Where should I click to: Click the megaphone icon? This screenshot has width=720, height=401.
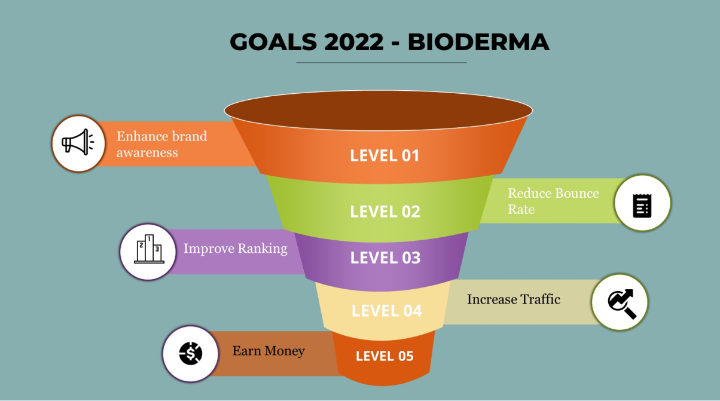point(78,142)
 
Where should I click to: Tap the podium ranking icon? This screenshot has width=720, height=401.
point(149,249)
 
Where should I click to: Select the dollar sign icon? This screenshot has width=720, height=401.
point(191,353)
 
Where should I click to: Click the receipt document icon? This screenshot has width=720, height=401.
point(642,206)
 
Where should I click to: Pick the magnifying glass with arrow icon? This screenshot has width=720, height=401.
point(621,304)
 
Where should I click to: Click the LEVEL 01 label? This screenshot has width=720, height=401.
point(385,155)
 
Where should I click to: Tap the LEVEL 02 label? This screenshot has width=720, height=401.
point(385,212)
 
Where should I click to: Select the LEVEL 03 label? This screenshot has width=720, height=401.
point(385,258)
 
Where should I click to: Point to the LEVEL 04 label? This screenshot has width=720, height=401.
point(387,311)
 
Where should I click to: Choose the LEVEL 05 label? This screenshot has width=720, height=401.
point(385,356)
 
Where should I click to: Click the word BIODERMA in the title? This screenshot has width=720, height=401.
point(478,42)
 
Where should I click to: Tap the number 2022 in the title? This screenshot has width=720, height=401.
point(354,42)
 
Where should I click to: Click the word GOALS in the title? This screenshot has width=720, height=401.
point(273,42)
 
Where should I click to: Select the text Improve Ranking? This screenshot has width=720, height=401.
point(235,249)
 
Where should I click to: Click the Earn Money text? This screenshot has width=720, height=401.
point(269,351)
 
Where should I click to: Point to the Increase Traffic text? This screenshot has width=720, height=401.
point(513,299)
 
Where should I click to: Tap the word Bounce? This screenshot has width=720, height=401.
point(577,193)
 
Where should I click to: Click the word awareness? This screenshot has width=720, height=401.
point(147,152)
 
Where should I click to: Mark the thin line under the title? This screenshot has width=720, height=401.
point(381,63)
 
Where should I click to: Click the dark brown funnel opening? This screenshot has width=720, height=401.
point(379,110)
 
